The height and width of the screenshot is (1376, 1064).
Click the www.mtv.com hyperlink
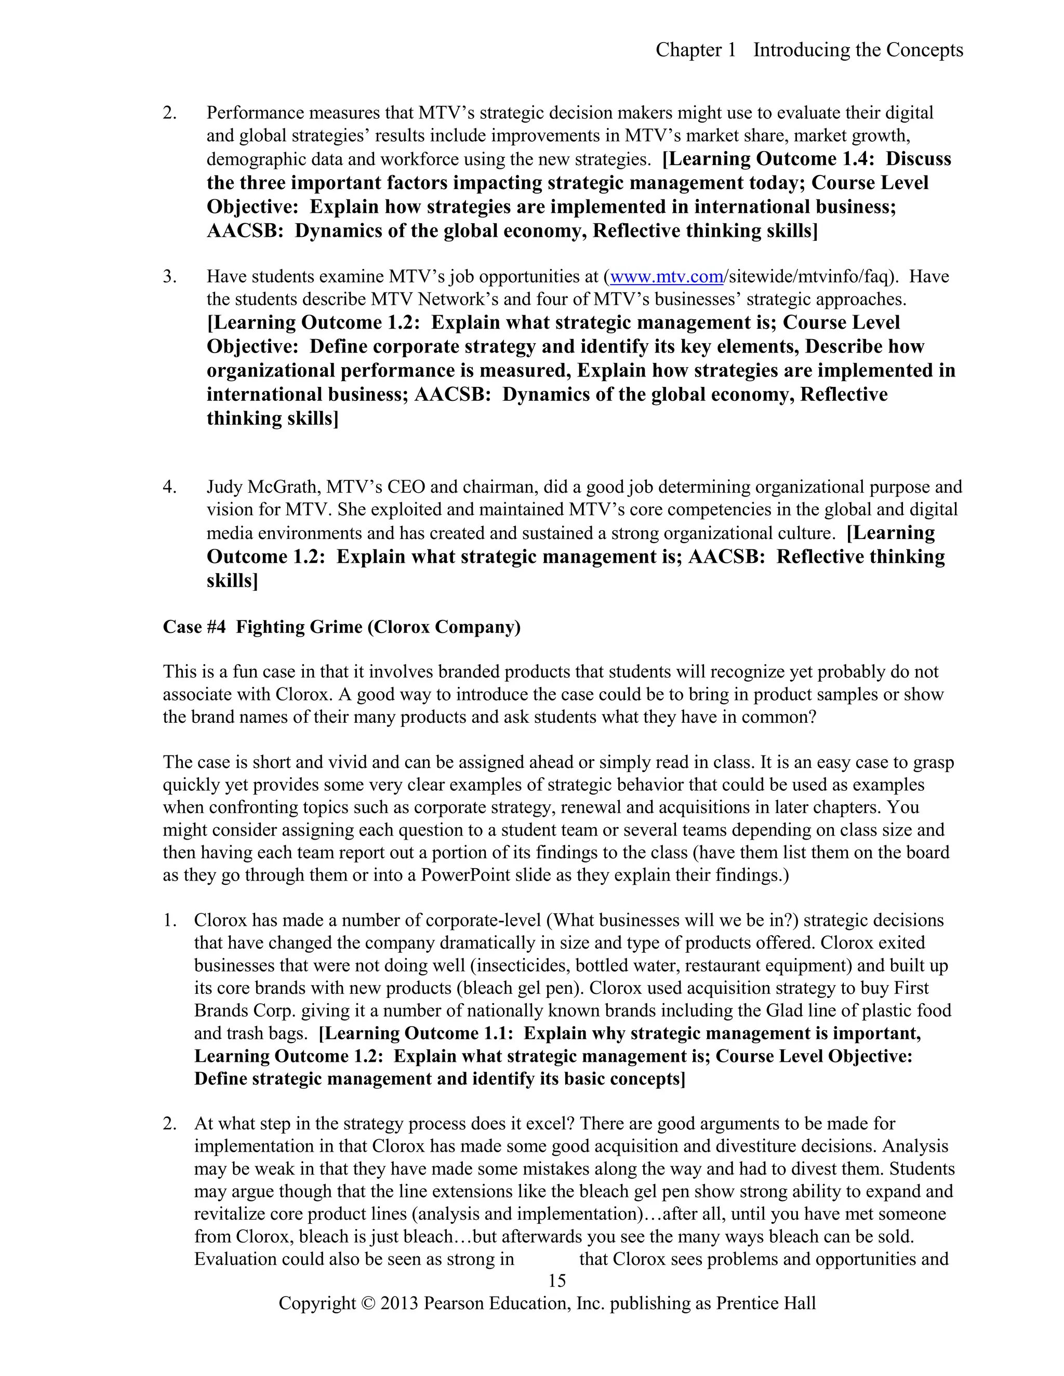(x=666, y=277)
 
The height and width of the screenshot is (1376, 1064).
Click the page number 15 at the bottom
(x=557, y=1281)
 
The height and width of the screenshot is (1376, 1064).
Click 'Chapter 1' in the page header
(x=696, y=50)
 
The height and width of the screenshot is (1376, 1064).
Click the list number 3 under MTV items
(x=169, y=277)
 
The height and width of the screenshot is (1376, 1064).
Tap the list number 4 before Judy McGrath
(x=169, y=487)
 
